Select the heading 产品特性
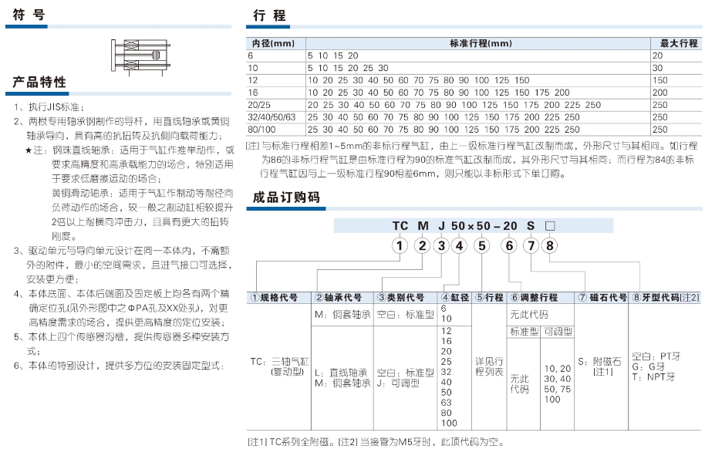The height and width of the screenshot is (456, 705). point(39,83)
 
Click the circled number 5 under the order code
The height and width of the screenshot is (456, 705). point(481,246)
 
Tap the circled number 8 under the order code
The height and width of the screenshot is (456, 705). point(549,246)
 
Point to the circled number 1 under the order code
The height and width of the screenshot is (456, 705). point(399,246)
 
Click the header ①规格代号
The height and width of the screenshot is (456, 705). point(275,297)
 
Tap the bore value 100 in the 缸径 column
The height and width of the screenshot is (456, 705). point(448,423)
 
